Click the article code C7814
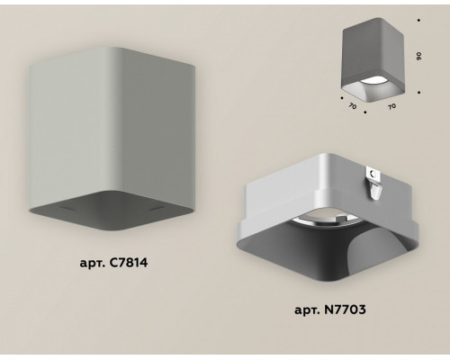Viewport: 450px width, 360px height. coord(129,263)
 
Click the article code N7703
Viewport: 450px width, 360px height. coord(346,310)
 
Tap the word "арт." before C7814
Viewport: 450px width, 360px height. coord(93,264)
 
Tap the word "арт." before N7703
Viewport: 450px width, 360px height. coord(308,310)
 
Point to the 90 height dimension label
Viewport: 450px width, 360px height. coord(419,56)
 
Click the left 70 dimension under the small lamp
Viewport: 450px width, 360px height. coord(353,105)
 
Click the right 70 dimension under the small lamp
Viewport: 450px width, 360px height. coord(391,106)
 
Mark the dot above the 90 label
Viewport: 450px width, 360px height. coord(418,21)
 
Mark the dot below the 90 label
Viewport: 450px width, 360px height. coord(418,93)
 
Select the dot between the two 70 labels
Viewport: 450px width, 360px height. coord(365,112)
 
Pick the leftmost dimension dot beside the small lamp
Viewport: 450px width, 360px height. coord(342,98)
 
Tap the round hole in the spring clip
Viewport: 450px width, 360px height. coord(373,174)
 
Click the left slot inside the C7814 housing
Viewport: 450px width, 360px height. coord(67,208)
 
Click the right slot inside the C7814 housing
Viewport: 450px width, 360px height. coord(158,207)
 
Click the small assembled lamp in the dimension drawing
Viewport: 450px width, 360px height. coord(373,59)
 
